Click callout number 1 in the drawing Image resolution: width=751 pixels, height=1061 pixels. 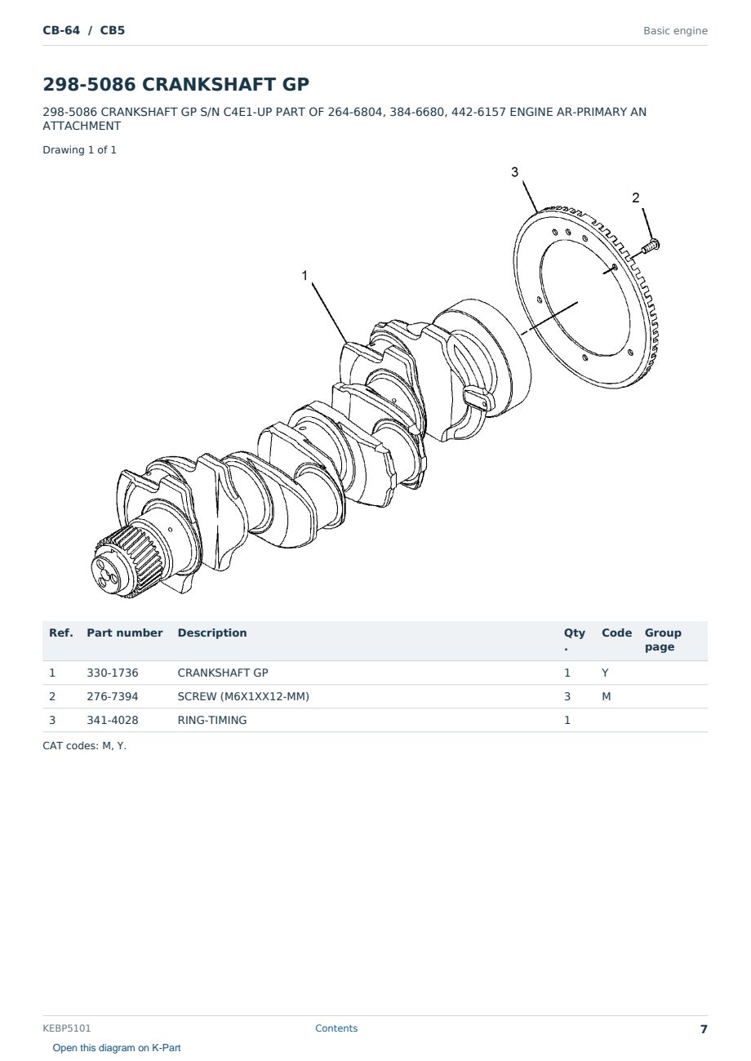point(304,275)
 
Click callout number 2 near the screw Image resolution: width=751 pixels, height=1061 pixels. point(635,198)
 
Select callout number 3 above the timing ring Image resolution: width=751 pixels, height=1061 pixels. point(514,172)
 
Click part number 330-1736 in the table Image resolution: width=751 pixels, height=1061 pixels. point(113,673)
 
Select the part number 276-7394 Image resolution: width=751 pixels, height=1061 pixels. point(113,696)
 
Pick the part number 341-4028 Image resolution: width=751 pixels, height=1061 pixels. point(113,720)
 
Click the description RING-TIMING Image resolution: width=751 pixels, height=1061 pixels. point(211,720)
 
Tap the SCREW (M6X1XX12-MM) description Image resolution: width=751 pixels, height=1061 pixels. point(243,696)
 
